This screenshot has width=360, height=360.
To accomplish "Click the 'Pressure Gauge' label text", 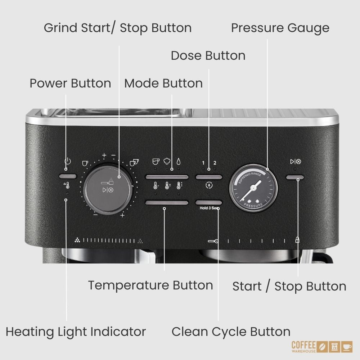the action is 280,28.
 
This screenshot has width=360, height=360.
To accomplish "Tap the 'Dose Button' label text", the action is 208,55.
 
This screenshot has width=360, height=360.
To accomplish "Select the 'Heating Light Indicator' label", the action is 76,332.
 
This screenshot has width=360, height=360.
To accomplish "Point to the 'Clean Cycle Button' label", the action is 231,332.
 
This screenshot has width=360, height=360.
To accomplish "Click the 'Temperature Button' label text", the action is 150,285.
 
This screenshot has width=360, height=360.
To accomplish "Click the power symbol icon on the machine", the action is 68,161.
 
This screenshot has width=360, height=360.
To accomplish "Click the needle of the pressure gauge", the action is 251,190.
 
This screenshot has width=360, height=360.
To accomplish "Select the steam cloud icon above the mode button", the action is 167,161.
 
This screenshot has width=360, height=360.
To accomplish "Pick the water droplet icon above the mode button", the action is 179,161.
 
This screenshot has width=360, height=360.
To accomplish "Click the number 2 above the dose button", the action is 215,163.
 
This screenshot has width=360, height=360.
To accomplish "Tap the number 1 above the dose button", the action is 203,163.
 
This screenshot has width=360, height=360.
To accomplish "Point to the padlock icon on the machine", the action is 297,240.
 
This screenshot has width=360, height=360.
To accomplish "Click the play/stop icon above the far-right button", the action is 296,162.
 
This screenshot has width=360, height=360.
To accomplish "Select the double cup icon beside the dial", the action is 134,162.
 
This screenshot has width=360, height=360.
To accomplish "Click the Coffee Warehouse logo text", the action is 304,347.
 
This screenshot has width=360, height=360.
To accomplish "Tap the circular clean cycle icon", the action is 209,185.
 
